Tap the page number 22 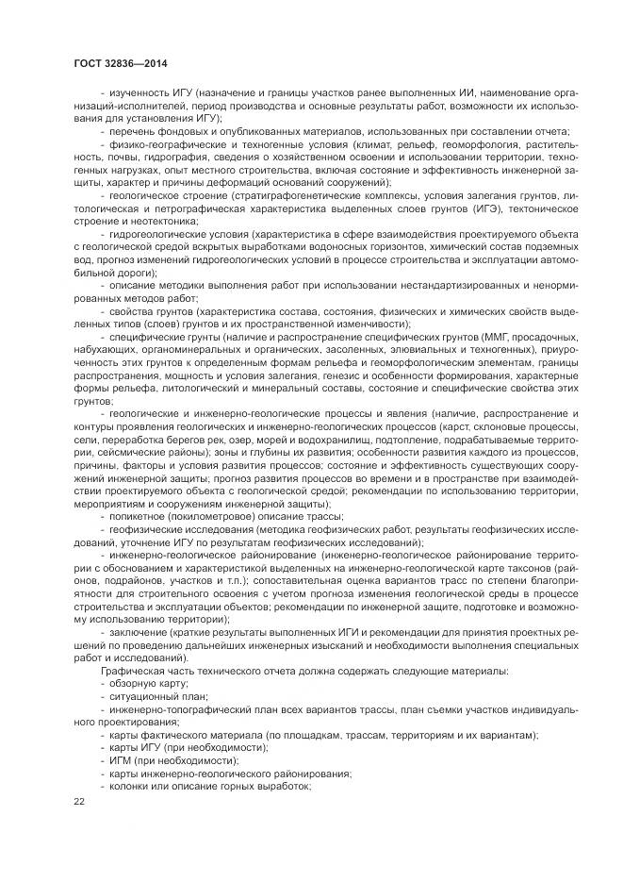(x=79, y=802)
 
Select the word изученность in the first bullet (x=139, y=93)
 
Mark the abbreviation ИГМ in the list (x=120, y=760)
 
